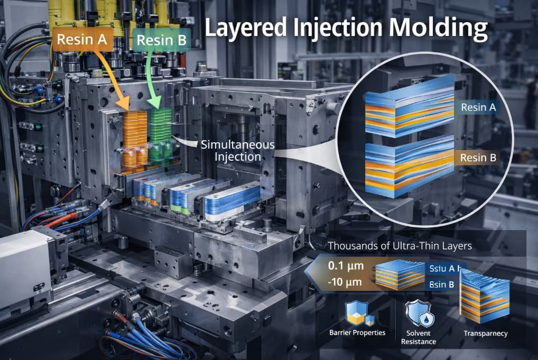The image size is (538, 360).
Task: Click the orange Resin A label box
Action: pos(82,40)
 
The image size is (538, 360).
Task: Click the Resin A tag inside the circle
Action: pos(478,108)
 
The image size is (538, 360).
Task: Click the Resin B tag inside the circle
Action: pos(477,158)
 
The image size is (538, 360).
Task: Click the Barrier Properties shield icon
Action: pos(357,314)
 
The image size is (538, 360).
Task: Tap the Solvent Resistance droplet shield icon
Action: pos(417,315)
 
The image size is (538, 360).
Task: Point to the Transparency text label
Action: pos(485,333)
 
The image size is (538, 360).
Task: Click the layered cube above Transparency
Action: pos(485,296)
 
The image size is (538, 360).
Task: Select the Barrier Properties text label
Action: pos(357,333)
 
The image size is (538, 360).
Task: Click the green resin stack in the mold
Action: pos(162,135)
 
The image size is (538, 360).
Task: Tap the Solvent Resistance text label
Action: pos(418,337)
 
